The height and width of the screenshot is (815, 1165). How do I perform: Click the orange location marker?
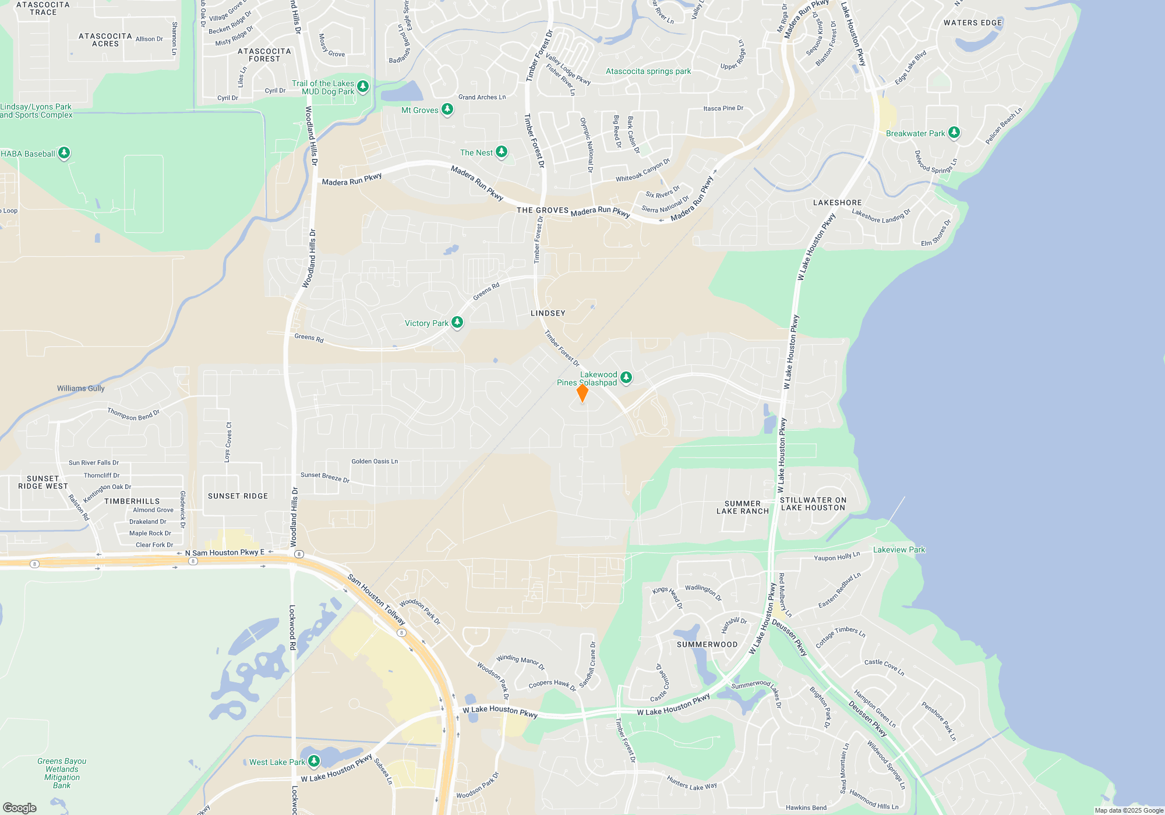(582, 393)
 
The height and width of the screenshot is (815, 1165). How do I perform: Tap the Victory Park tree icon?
(457, 322)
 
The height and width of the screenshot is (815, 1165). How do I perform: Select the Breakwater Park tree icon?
(954, 132)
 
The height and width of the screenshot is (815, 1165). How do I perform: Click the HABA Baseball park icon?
(64, 153)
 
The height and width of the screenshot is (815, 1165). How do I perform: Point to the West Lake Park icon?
(313, 761)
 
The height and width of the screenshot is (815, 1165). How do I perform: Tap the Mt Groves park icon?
(447, 109)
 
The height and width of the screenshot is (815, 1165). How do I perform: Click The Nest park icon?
(501, 152)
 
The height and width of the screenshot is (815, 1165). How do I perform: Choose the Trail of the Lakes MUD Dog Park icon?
(363, 87)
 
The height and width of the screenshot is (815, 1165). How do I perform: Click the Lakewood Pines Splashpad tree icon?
(626, 378)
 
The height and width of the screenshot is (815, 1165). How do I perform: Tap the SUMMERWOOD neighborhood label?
(707, 644)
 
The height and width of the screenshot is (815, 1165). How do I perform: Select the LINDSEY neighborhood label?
(548, 313)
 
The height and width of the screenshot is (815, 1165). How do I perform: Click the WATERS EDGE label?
(973, 23)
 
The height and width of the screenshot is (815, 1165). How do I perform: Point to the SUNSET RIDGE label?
(238, 496)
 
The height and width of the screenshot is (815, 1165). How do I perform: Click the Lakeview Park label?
(899, 550)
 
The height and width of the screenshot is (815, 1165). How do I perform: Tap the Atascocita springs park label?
(648, 72)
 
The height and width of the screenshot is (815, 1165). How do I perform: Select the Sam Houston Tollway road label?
(376, 600)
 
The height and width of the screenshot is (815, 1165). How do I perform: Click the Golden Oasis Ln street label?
(375, 461)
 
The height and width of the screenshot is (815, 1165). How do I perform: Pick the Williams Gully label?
(81, 388)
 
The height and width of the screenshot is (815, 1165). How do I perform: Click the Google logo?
(20, 807)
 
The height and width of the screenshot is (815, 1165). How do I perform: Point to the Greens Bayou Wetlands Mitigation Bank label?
(62, 773)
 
